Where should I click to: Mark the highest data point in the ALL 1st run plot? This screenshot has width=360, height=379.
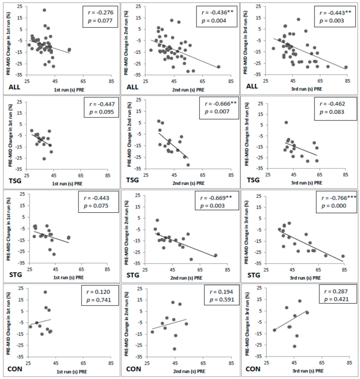pos(44,10)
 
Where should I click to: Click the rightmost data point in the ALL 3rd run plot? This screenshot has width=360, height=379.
pos(346,67)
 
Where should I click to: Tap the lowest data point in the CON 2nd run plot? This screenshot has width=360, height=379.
pos(174,349)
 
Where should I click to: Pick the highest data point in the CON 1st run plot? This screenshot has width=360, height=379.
pos(45,292)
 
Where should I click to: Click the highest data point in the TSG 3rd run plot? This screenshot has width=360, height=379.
pos(286,122)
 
